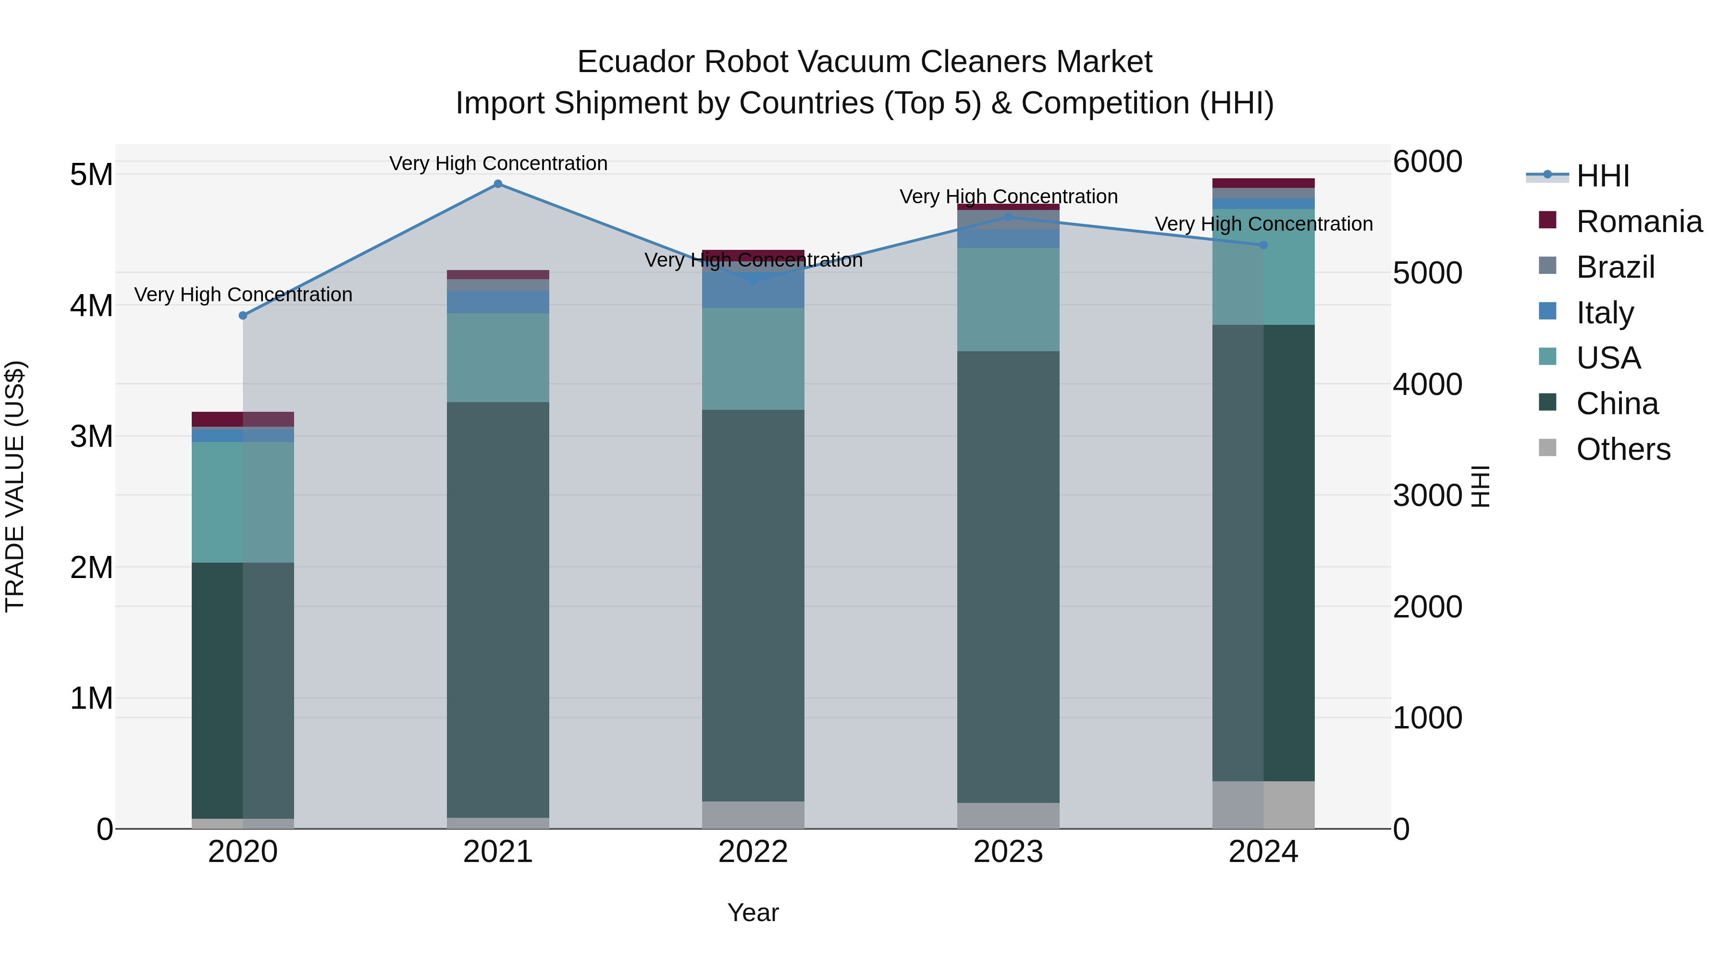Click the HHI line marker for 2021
click(x=498, y=184)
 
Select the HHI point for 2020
click(x=243, y=316)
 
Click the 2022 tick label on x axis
click(x=753, y=852)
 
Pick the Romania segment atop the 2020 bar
click(x=243, y=419)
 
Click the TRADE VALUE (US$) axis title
click(x=15, y=486)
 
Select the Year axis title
click(x=753, y=912)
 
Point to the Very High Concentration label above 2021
click(x=498, y=163)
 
